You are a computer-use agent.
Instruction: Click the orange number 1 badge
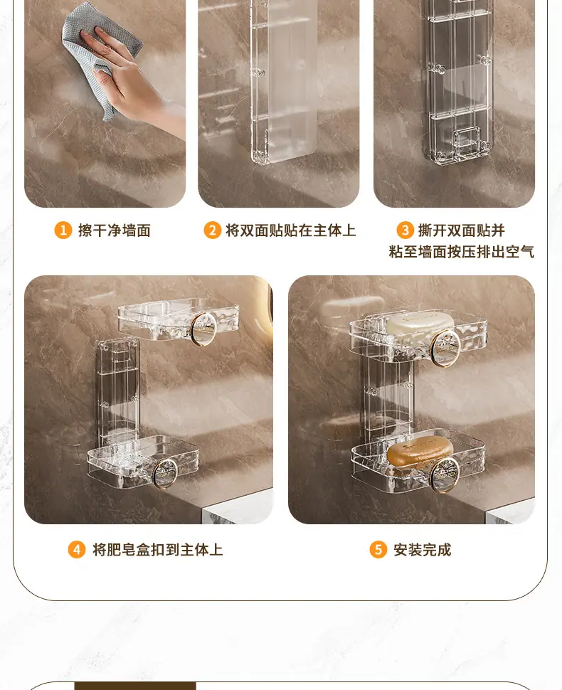(63, 230)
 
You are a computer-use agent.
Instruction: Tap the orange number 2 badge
(212, 230)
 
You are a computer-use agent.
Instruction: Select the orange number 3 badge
(405, 230)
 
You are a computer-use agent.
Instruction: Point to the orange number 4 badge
(77, 550)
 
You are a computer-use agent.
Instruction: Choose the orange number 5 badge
(378, 550)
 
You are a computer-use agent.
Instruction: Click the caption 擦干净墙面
(115, 230)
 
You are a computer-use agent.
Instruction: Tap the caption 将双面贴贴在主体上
(290, 230)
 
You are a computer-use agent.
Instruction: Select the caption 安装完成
(423, 550)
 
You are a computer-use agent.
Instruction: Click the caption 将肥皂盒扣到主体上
(157, 550)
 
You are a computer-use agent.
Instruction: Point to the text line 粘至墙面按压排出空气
(462, 252)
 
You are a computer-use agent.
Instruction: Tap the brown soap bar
(420, 452)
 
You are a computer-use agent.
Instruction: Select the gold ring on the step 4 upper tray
(203, 329)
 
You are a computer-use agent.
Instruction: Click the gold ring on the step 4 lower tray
(165, 474)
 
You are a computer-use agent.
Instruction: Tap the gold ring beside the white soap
(445, 348)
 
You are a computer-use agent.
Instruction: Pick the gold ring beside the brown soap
(445, 474)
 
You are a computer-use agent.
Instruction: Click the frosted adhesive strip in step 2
(284, 81)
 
